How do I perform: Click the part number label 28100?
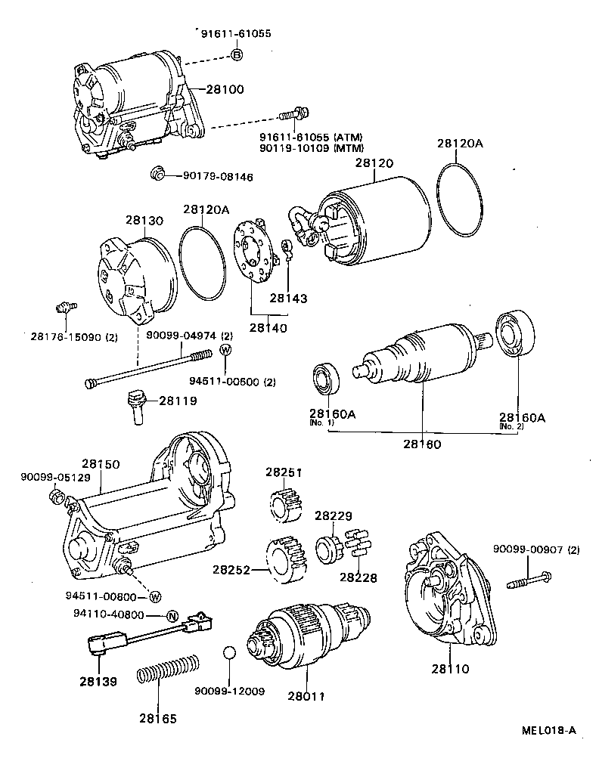click(225, 89)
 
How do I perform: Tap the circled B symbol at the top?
click(236, 54)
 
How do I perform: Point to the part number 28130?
click(144, 220)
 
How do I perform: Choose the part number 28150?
click(101, 464)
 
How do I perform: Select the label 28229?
click(334, 515)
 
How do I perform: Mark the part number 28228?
click(358, 577)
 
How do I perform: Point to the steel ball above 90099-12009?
click(230, 653)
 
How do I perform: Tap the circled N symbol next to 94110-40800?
click(172, 615)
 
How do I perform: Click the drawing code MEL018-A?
click(548, 730)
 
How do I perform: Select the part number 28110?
click(450, 669)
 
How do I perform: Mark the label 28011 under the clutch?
click(306, 695)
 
